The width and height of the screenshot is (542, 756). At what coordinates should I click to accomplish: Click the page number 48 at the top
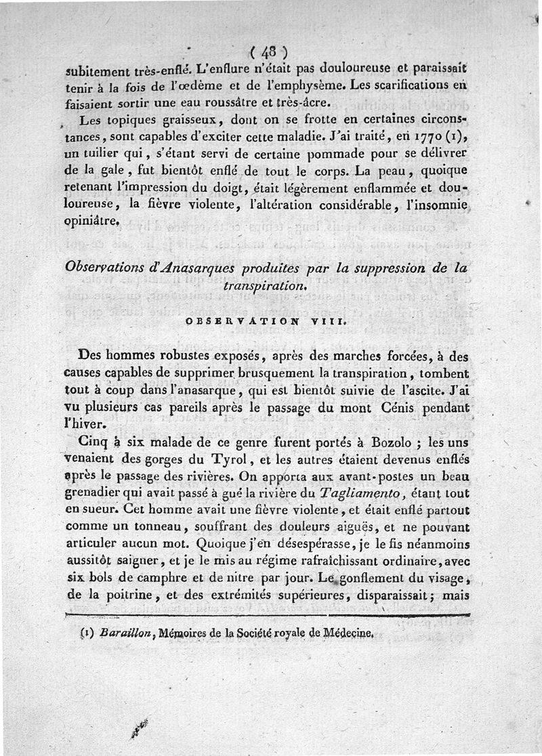coord(270,52)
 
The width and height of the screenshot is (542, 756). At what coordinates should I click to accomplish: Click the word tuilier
coord(98,155)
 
